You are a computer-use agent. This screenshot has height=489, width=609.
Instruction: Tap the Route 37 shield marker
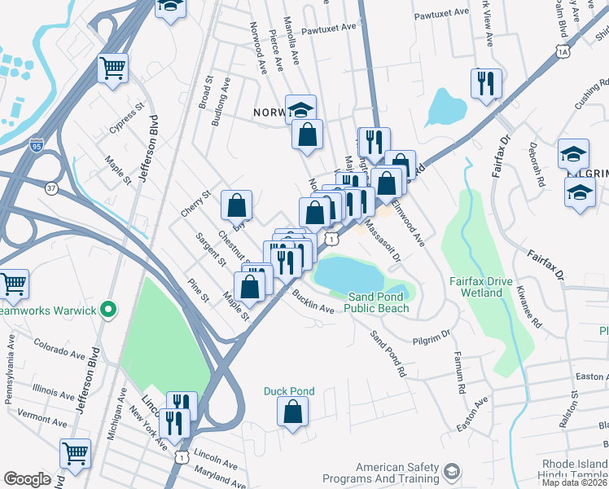[52, 188]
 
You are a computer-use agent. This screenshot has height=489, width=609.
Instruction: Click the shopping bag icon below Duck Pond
[293, 412]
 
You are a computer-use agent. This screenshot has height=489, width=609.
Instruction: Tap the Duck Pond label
[288, 391]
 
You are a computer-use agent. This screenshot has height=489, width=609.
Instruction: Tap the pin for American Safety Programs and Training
[450, 472]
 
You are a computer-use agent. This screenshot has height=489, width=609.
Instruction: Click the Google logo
[27, 479]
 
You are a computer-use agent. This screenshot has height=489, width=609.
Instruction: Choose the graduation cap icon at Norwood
[300, 108]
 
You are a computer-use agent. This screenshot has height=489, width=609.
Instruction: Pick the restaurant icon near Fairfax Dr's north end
[484, 81]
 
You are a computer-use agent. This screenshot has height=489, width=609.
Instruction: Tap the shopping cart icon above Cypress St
[112, 67]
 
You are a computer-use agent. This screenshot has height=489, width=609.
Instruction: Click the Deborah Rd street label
[536, 167]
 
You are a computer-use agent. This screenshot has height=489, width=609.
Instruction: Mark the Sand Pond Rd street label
[388, 354]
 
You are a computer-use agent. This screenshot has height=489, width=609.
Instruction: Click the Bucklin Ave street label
[313, 303]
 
